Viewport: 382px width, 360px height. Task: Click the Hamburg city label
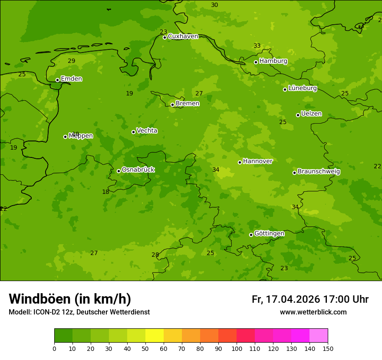(273, 61)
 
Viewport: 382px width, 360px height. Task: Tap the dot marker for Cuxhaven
(165, 37)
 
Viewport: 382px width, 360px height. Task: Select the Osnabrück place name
(138, 170)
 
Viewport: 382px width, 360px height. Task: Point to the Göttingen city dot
(251, 235)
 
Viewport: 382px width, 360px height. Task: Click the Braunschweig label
(319, 171)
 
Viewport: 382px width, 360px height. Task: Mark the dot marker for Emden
(57, 80)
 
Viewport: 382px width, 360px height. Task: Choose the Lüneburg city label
(302, 88)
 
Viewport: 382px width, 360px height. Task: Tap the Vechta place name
(147, 131)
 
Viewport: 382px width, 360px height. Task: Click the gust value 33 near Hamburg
(257, 46)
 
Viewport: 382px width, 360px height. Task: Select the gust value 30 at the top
(214, 5)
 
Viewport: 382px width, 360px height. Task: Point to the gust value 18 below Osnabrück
(105, 192)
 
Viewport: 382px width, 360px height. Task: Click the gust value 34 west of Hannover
(216, 170)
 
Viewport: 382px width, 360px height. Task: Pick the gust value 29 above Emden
(72, 61)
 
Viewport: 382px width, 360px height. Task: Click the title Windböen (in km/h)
(70, 299)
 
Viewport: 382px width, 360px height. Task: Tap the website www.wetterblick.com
(313, 312)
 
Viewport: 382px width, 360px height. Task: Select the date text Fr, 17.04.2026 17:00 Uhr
(310, 299)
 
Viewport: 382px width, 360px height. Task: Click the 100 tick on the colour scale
(237, 348)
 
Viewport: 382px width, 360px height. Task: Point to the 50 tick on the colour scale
(145, 348)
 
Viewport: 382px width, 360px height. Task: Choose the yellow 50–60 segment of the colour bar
(155, 336)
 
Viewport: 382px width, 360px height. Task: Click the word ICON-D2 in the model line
(45, 312)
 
